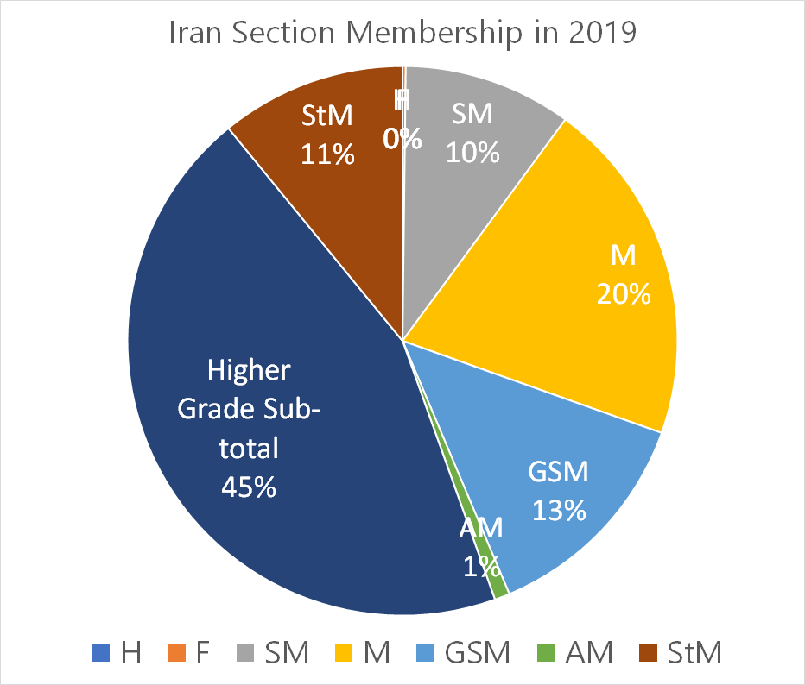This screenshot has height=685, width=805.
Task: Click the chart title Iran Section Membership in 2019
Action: [402, 33]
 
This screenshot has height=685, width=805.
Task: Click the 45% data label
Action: [249, 487]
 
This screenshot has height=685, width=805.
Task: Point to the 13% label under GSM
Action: [558, 510]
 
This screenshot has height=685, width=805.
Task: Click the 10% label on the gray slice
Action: [472, 152]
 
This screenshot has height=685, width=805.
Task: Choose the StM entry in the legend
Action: [681, 652]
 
